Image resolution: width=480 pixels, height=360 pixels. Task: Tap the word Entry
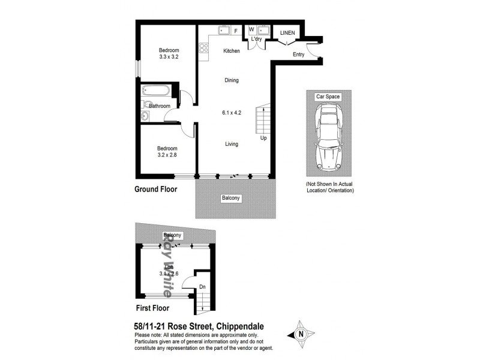pyautogui.click(x=298, y=55)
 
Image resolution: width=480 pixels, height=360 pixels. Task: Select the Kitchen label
pyautogui.click(x=231, y=51)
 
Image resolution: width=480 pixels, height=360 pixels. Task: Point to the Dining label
pyautogui.click(x=231, y=80)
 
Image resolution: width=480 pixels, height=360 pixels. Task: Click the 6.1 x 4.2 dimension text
pyautogui.click(x=232, y=112)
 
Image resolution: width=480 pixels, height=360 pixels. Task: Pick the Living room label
pyautogui.click(x=232, y=144)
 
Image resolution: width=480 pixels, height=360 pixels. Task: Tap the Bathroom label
pyautogui.click(x=160, y=106)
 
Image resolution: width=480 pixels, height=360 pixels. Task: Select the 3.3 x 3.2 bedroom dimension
pyautogui.click(x=169, y=57)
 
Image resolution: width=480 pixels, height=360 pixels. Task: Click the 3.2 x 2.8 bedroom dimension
pyautogui.click(x=167, y=155)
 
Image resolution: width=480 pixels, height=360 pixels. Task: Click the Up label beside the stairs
pyautogui.click(x=263, y=138)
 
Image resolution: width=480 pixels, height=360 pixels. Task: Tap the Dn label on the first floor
pyautogui.click(x=203, y=287)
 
